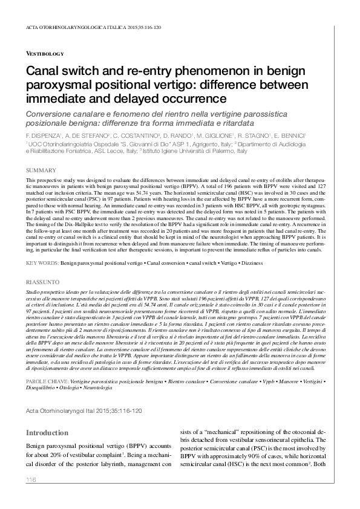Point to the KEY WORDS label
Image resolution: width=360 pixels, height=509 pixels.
42,264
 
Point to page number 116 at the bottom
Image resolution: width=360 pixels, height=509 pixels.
32,479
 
